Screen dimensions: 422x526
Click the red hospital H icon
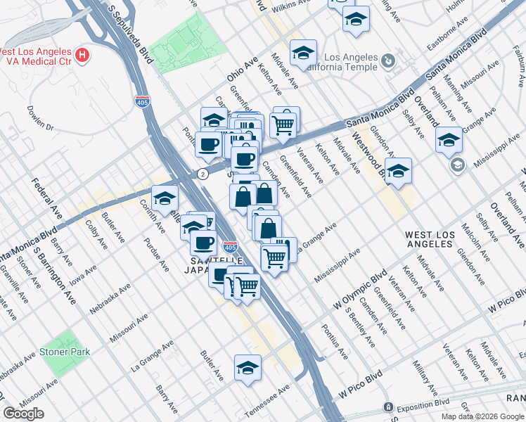[x=83, y=54]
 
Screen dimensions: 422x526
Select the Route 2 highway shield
[x=203, y=173]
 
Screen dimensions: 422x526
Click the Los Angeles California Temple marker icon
[x=388, y=62]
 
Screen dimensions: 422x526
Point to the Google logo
[x=23, y=414]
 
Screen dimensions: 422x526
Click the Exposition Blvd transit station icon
[x=387, y=407]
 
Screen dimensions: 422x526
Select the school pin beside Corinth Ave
[x=165, y=198]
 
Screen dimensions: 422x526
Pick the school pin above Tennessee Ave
[x=247, y=367]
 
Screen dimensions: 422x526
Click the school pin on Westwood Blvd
[x=398, y=170]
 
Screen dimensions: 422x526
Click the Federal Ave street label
[x=43, y=198]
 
